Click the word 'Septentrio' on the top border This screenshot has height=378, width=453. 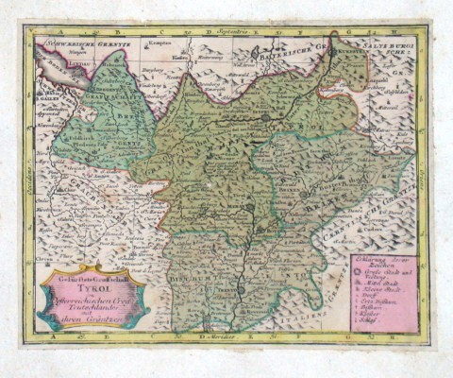point(227,32)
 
